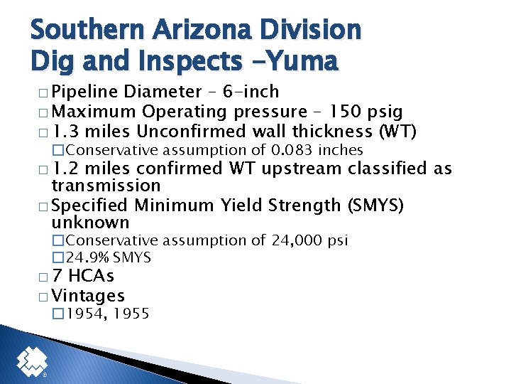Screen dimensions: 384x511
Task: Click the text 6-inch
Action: pyautogui.click(x=251, y=92)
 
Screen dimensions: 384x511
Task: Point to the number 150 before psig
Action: pyautogui.click(x=345, y=112)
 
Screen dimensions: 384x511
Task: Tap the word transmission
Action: pyautogui.click(x=106, y=186)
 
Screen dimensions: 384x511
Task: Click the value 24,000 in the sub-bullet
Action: pyautogui.click(x=296, y=240)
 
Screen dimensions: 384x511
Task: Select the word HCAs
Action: pyautogui.click(x=92, y=276)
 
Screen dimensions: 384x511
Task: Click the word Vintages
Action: pyautogui.click(x=89, y=296)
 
